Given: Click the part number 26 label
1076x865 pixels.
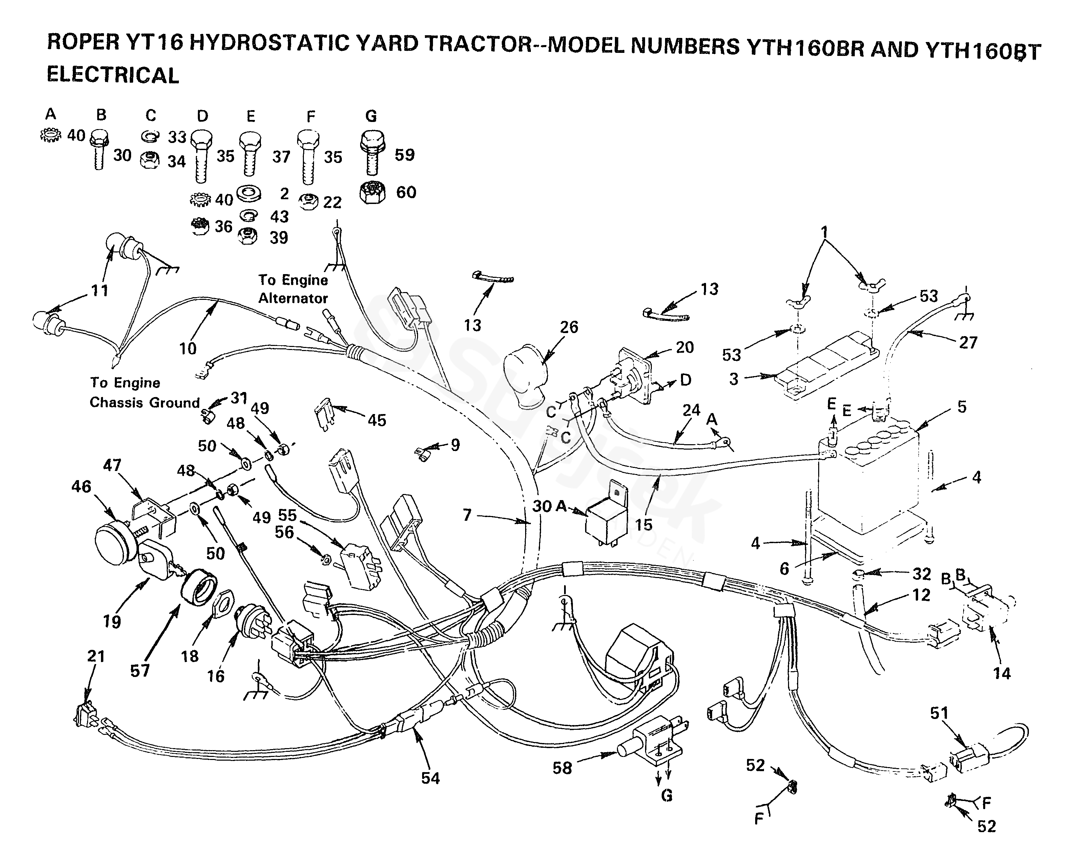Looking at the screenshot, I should (x=568, y=327).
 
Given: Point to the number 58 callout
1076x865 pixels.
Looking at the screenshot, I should (x=562, y=768).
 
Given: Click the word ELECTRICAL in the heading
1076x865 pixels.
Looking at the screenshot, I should (x=113, y=75).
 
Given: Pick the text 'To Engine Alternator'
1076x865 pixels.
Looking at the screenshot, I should (x=293, y=289).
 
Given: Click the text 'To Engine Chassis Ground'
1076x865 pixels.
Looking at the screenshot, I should (x=144, y=393).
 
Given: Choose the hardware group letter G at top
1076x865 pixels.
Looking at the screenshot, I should (x=371, y=116).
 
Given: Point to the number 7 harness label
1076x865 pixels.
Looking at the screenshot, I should (x=467, y=515).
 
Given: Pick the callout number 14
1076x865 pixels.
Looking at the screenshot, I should (x=1002, y=673).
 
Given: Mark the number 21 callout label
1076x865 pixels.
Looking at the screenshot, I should (x=96, y=656).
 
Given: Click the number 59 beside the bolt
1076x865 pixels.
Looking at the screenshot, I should (x=404, y=155).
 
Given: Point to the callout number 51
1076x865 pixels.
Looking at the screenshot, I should (x=939, y=713).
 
